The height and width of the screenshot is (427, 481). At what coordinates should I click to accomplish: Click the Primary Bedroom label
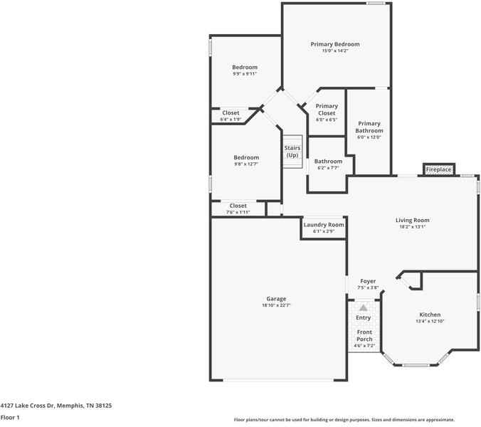point(335,44)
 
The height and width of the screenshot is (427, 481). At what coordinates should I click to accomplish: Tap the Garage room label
point(276,299)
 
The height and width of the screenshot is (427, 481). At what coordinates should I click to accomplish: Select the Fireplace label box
point(438,170)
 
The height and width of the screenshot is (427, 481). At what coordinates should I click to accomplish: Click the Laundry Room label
point(324,225)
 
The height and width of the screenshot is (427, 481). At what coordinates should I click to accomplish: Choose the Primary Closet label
point(327,110)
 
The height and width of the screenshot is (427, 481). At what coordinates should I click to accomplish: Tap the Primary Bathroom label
point(369,127)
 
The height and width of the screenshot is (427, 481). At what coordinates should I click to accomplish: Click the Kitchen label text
point(430,315)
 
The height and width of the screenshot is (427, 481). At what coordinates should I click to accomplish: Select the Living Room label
point(412,220)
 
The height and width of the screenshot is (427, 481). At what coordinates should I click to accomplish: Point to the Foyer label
point(368,282)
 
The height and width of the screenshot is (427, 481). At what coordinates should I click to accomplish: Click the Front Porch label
point(364,336)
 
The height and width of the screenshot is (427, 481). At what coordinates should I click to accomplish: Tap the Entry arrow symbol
point(363,307)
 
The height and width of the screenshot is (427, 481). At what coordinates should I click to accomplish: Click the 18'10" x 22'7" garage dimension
point(276,305)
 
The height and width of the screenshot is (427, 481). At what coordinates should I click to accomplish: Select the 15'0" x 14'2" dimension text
point(335,51)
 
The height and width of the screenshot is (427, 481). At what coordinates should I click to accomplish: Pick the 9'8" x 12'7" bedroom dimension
point(246,164)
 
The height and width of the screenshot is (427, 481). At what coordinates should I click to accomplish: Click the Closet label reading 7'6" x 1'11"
point(238,206)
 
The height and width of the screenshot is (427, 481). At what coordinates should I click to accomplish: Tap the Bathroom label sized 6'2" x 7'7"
point(328,162)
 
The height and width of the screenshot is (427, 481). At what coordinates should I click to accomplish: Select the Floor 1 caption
point(10,418)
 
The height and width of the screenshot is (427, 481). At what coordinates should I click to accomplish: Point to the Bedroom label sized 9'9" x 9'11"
point(245,68)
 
